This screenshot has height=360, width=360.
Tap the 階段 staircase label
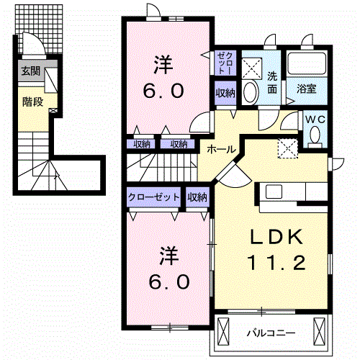coord(33,102)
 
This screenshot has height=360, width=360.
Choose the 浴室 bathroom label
coord(307,89)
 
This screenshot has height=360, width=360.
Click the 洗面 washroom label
coord(273,83)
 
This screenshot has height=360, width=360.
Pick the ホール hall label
coord(220,149)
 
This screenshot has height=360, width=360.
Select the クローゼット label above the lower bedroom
coord(153,197)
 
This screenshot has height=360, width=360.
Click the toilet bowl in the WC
coord(315,137)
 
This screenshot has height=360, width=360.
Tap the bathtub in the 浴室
coord(307,66)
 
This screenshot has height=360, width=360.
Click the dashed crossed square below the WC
coord(288,147)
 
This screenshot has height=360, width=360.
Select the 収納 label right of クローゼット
coord(198,197)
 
